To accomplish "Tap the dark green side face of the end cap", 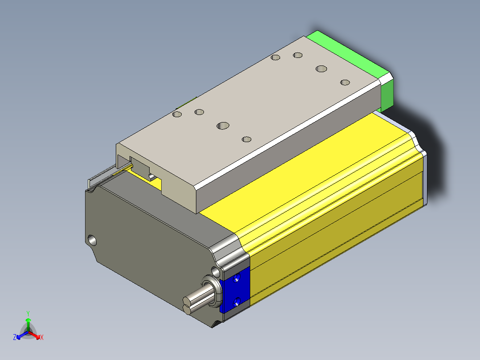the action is (x=387, y=93).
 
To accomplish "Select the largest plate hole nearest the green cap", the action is (x=321, y=69).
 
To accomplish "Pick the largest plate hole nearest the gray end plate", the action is (x=223, y=126).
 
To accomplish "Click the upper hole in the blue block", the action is (x=236, y=278).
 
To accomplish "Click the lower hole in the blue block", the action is (x=236, y=303).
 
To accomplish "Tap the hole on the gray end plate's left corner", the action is (x=92, y=240).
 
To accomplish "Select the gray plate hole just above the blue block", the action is (x=216, y=271).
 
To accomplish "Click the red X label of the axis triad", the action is (x=42, y=337).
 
